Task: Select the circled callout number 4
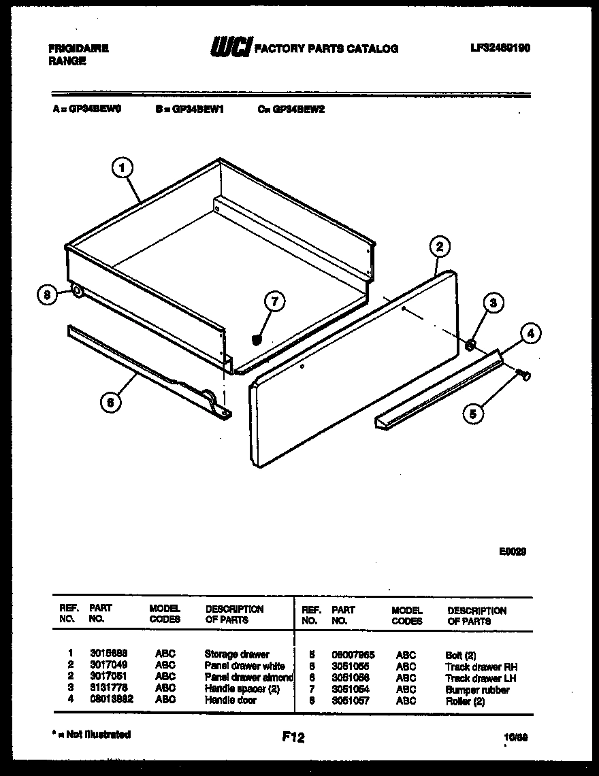[x=531, y=333]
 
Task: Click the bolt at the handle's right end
[x=523, y=373]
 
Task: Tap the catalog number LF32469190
[x=500, y=48]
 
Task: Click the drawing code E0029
[x=512, y=552]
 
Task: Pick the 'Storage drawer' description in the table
[x=237, y=654]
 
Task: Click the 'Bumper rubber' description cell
[x=477, y=690]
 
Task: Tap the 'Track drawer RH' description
[x=481, y=667]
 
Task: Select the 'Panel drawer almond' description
[x=248, y=677]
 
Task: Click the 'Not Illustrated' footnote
[x=91, y=735]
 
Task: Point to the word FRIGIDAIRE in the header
[x=79, y=49]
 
